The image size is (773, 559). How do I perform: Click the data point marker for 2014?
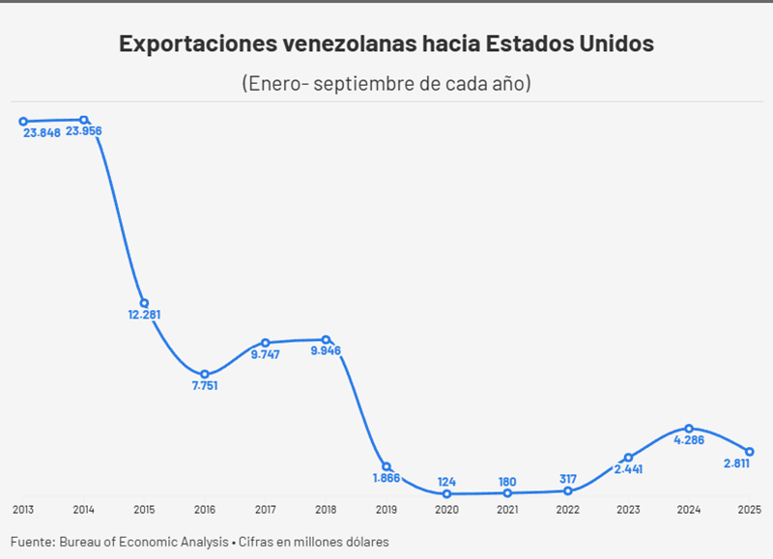coord(84,120)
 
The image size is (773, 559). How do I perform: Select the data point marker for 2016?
coord(205,374)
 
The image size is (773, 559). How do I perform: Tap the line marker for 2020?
coord(446,493)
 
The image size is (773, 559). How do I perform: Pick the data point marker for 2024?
coord(689,428)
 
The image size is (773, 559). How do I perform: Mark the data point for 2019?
coord(386,466)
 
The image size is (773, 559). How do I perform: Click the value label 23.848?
coord(40,132)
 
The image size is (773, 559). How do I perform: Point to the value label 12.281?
coord(144,314)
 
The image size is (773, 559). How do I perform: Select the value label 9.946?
coord(326,350)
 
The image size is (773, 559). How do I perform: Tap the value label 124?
coord(446,481)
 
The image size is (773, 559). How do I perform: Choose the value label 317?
coord(567,479)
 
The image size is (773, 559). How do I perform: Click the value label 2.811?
coord(736,463)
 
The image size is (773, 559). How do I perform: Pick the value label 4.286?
coord(689,440)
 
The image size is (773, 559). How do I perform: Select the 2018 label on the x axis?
coord(326,509)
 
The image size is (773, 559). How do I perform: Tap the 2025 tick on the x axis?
coord(749,509)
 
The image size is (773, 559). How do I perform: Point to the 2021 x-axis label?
coord(507,509)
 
